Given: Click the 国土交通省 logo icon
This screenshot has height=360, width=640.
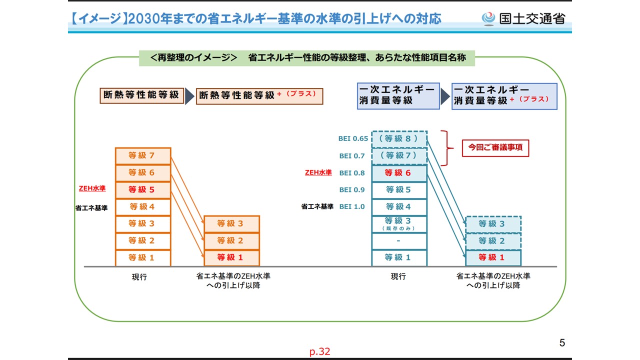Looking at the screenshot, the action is click(x=488, y=19).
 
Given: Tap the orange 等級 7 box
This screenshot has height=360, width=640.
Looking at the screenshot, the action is click(x=143, y=155).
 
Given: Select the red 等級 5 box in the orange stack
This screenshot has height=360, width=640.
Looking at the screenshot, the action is click(x=143, y=189).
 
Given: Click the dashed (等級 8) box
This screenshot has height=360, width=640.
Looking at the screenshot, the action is click(x=399, y=139).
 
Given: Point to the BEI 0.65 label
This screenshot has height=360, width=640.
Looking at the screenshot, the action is click(x=353, y=138).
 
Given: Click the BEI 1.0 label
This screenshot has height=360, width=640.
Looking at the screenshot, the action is click(x=352, y=206).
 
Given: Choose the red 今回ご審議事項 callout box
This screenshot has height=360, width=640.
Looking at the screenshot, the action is click(x=495, y=148).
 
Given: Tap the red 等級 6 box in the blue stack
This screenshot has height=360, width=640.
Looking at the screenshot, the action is click(x=399, y=173).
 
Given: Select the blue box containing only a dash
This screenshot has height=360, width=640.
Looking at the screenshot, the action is click(x=399, y=241).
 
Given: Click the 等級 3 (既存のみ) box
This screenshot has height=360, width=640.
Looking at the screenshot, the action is click(x=399, y=224).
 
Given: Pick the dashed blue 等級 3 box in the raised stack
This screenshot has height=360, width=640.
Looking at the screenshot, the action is click(x=493, y=224).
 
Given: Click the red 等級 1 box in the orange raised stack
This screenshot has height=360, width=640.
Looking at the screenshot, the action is click(x=231, y=257).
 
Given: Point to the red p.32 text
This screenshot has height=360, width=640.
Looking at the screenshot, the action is click(x=319, y=351).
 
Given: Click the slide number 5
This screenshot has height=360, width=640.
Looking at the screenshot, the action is click(x=562, y=342).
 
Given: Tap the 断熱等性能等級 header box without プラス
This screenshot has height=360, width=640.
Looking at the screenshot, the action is click(x=141, y=95).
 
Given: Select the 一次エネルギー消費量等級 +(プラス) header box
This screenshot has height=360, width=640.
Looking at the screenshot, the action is click(x=504, y=96).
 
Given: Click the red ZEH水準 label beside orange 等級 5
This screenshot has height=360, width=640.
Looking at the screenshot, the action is click(x=92, y=188).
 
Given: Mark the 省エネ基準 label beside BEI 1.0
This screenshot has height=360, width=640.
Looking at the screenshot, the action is click(x=317, y=206).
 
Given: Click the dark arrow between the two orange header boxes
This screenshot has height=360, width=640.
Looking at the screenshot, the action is click(x=189, y=96).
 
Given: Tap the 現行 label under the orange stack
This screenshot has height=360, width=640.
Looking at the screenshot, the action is click(x=139, y=276).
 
